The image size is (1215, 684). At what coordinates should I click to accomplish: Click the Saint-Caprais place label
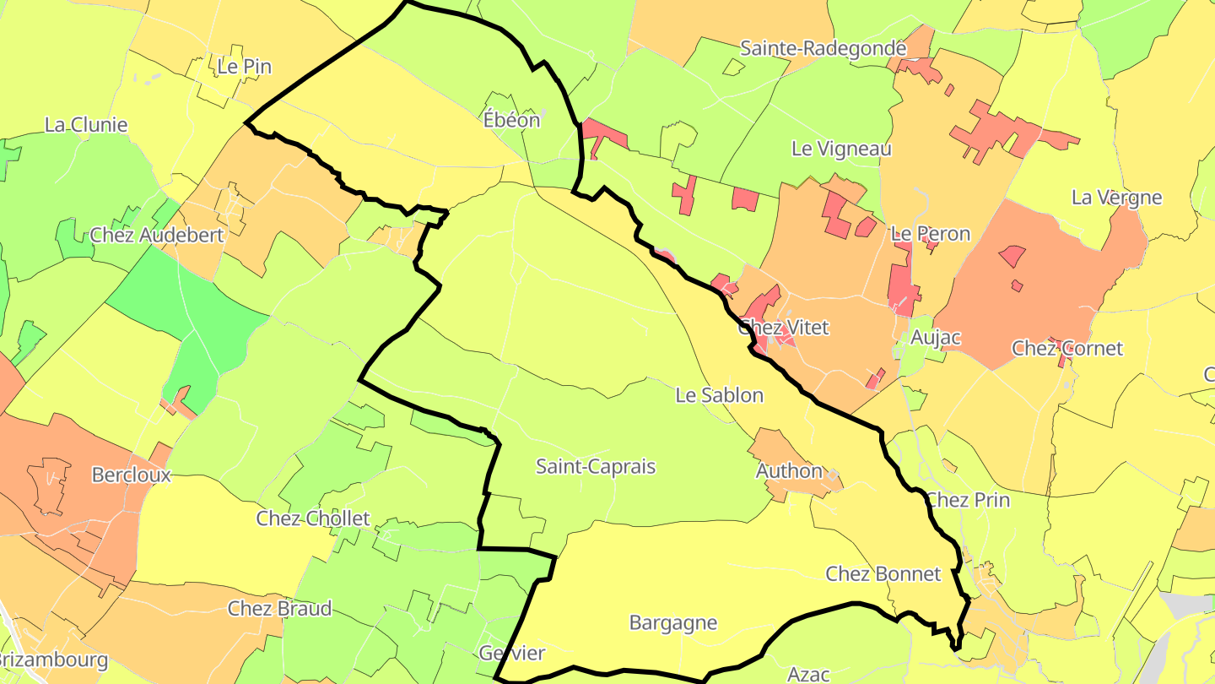pyautogui.click(x=596, y=467)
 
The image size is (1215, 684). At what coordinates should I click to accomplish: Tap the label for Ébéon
pyautogui.click(x=511, y=121)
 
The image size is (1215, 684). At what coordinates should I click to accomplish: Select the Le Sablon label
pyautogui.click(x=719, y=395)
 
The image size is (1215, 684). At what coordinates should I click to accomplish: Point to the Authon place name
pyautogui.click(x=789, y=471)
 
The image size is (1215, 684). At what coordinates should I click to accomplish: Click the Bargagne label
pyautogui.click(x=673, y=623)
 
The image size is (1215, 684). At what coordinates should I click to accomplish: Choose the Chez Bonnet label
pyautogui.click(x=883, y=574)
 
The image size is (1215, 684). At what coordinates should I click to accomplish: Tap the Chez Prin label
pyautogui.click(x=968, y=500)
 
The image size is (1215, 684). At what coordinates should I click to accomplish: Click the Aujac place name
pyautogui.click(x=937, y=338)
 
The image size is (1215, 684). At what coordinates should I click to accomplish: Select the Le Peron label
pyautogui.click(x=931, y=234)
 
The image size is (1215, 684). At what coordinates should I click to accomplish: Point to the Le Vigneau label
pyautogui.click(x=841, y=149)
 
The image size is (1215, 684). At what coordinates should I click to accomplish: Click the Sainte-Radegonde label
pyautogui.click(x=823, y=48)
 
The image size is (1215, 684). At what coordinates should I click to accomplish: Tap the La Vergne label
pyautogui.click(x=1116, y=198)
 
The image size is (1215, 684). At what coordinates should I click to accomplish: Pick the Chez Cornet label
pyautogui.click(x=1067, y=349)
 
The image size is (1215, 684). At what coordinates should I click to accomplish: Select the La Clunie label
pyautogui.click(x=86, y=125)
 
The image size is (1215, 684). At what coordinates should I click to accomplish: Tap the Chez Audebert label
pyautogui.click(x=157, y=235)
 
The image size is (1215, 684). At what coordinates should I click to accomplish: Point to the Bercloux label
pyautogui.click(x=131, y=475)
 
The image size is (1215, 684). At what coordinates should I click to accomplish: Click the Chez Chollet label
pyautogui.click(x=313, y=518)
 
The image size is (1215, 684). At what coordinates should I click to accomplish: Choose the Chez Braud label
pyautogui.click(x=279, y=609)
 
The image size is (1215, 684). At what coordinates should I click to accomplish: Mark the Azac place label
pyautogui.click(x=808, y=674)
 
